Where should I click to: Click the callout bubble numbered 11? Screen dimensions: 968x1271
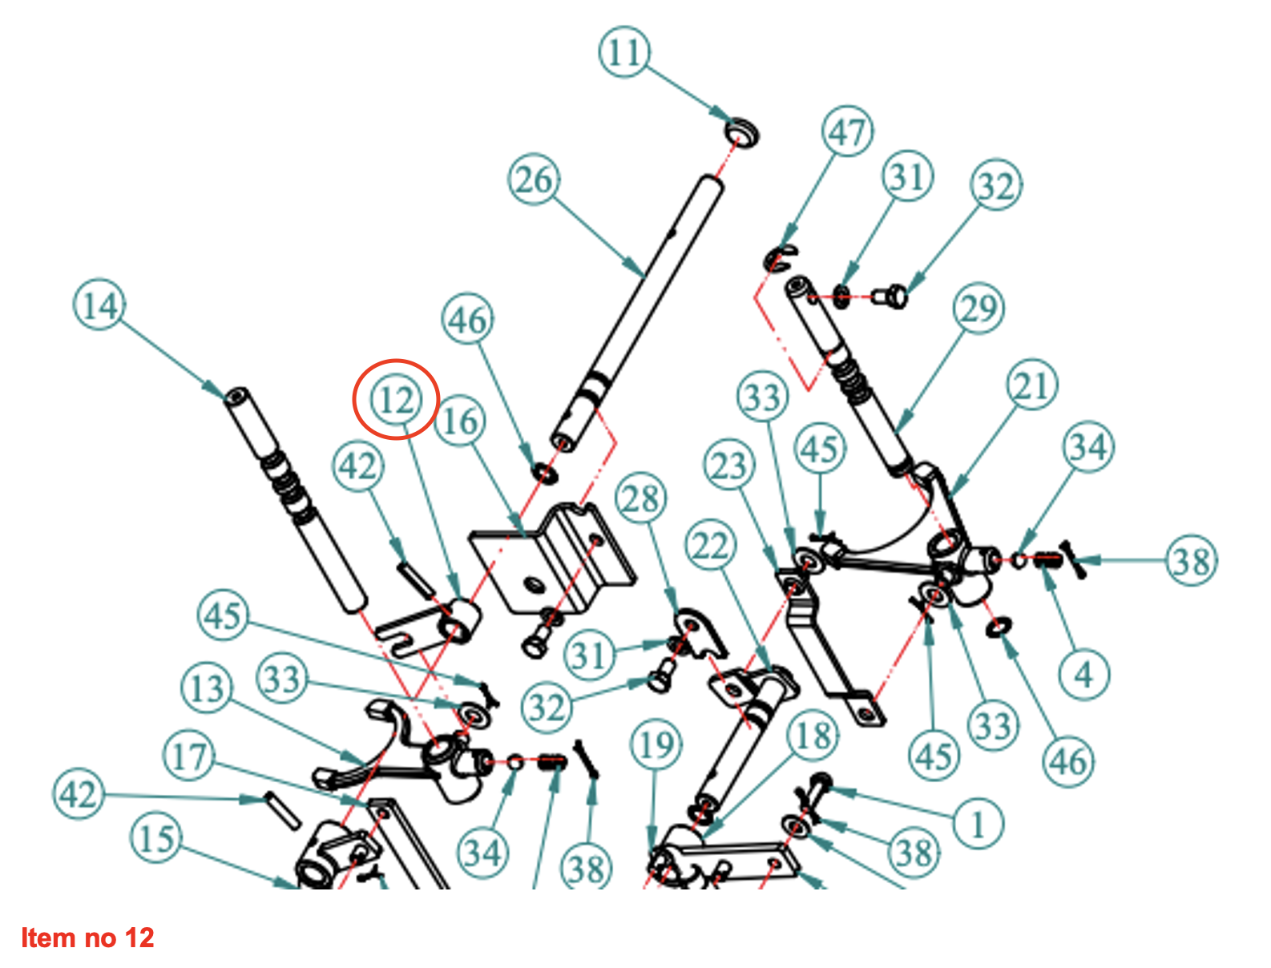(623, 53)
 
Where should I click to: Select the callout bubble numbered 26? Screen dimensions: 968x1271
(534, 179)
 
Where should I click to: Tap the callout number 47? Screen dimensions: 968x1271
(847, 132)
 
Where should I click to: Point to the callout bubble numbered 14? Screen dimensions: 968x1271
(99, 306)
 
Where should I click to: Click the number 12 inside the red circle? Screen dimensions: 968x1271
(396, 399)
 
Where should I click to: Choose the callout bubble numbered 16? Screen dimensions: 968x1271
(460, 421)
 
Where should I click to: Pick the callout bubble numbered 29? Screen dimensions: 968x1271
(978, 309)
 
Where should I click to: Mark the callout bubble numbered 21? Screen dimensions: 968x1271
(1032, 385)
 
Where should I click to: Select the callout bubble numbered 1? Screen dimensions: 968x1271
(978, 823)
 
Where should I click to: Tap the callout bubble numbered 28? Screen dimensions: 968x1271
(640, 499)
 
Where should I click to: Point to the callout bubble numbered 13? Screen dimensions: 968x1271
(207, 688)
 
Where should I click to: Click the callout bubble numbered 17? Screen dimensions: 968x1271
(189, 756)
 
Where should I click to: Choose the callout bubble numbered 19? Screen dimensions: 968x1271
(656, 745)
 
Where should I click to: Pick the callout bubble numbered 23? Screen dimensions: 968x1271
(729, 466)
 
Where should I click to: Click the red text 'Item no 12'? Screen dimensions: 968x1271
(87, 938)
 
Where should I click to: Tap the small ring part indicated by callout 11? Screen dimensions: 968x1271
(743, 131)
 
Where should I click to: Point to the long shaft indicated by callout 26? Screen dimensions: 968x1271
(641, 305)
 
